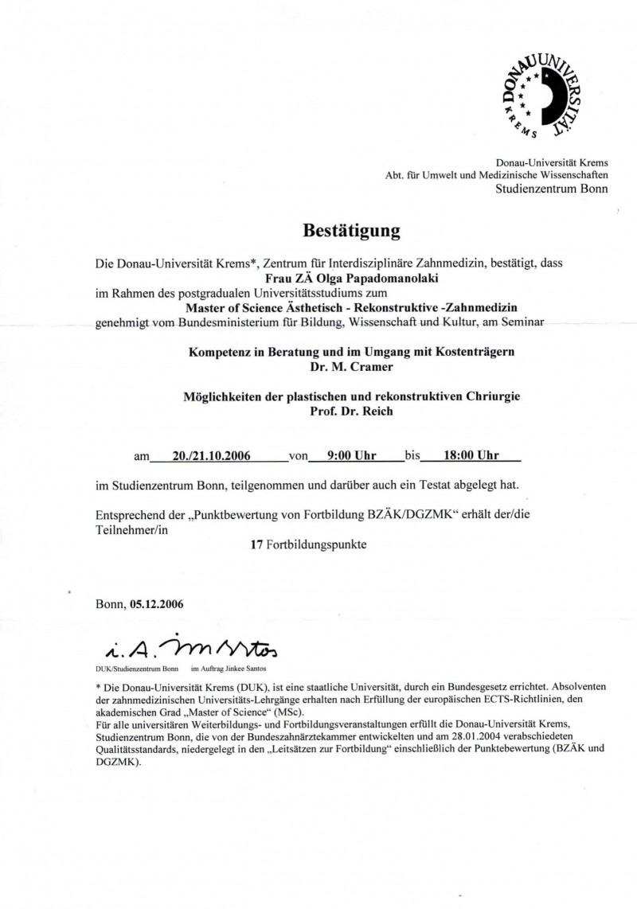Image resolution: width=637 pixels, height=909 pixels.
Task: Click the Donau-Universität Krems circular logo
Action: tap(541, 93)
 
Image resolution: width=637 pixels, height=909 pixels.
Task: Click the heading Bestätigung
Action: tap(350, 232)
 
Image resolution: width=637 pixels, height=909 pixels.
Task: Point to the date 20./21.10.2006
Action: tap(212, 456)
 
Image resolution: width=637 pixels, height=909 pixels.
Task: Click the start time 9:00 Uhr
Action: tap(352, 456)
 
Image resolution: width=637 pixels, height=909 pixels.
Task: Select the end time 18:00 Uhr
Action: tap(471, 456)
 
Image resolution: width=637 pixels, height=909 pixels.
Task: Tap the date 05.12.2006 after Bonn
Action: tap(156, 604)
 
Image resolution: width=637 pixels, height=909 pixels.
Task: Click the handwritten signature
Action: tap(187, 650)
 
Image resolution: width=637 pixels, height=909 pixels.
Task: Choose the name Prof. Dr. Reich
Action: tap(352, 412)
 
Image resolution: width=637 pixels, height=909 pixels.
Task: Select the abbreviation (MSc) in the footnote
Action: tap(299, 712)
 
